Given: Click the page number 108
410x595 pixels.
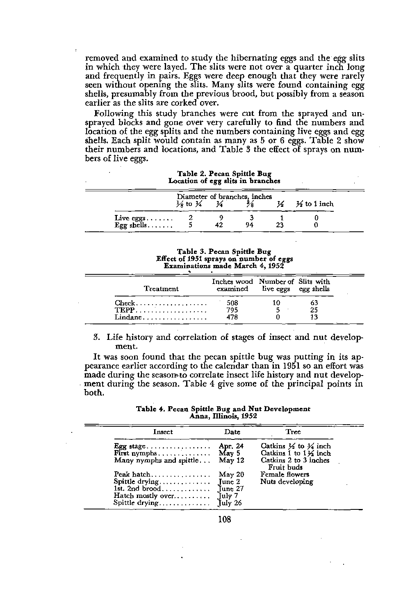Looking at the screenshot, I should [x=224, y=520].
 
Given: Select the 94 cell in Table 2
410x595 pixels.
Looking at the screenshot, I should [x=249, y=225].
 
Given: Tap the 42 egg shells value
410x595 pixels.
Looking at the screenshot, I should [x=219, y=225].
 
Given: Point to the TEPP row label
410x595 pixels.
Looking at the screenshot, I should [x=124, y=310].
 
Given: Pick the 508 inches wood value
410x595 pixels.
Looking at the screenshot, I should [x=232, y=303].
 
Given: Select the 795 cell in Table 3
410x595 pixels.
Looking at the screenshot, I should [x=232, y=310].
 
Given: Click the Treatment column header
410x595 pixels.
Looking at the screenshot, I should [x=162, y=289].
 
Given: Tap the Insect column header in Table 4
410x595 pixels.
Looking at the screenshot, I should [x=163, y=432].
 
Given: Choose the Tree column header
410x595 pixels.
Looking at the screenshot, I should [x=293, y=432].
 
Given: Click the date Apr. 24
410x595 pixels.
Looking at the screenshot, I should [x=232, y=446].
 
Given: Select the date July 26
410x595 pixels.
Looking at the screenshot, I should [x=230, y=503].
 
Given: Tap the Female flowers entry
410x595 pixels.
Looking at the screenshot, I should [x=285, y=475].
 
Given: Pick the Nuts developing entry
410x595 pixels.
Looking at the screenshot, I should [x=287, y=482].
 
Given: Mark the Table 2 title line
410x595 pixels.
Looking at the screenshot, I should [x=224, y=174].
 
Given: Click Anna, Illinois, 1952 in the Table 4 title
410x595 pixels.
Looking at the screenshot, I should [x=223, y=416].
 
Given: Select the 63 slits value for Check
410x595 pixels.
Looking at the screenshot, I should [x=314, y=303].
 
